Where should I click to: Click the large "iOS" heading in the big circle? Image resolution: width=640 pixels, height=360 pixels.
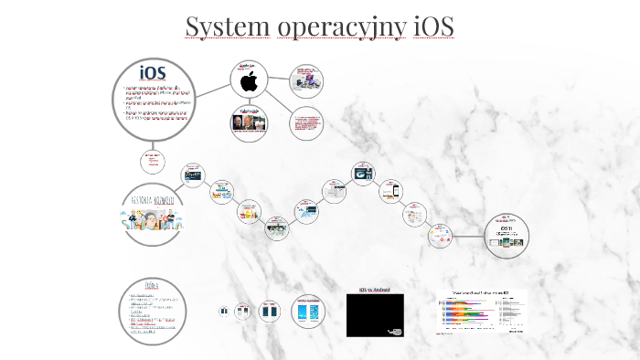point(153,71)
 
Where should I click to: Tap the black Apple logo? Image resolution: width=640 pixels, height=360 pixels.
point(248,82)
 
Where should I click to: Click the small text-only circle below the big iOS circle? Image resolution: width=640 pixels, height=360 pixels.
point(151,161)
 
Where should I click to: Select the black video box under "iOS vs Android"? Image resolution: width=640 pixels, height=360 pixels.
point(375,315)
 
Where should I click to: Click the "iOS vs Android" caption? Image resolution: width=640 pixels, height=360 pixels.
point(375,290)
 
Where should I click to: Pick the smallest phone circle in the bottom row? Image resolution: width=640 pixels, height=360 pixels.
point(224,311)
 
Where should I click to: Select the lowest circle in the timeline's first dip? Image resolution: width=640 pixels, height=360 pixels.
point(277,228)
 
